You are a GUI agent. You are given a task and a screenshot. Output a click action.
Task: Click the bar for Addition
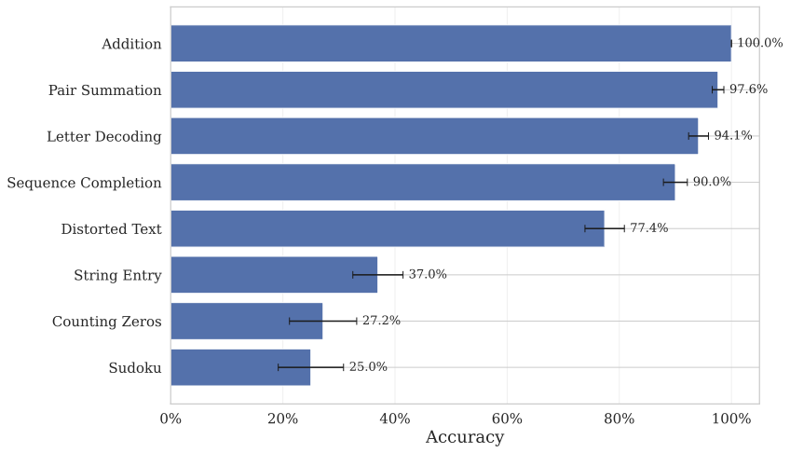coord(451,43)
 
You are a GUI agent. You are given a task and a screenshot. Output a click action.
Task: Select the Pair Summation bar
coord(444,89)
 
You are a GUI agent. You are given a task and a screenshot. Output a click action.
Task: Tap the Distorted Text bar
coord(388,228)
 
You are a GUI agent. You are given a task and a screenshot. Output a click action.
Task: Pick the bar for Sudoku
coord(240,367)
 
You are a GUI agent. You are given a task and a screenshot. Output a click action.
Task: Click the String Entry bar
coord(274,275)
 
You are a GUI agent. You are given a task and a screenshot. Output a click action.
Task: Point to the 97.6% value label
coord(748,89)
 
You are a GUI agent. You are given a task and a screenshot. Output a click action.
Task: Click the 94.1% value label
coord(732,136)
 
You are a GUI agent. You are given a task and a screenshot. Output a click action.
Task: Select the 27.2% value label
coord(381,321)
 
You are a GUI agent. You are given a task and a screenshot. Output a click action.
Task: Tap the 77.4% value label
coord(648,228)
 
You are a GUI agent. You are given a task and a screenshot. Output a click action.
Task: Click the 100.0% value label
coord(759,43)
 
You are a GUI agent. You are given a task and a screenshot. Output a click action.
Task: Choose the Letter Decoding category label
coord(104,137)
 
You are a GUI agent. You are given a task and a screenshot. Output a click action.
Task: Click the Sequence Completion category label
coord(84,183)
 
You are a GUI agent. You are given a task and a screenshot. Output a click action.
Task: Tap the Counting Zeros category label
coord(107,322)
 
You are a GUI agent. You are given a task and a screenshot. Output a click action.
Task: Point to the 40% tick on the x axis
coord(395,419)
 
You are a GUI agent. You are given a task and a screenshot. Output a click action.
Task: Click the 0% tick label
coord(170,419)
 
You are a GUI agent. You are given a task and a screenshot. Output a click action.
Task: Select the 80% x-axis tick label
coord(620,419)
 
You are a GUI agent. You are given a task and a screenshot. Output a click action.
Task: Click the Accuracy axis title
coord(464,438)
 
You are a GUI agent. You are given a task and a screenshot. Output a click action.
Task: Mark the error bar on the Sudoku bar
coord(310,367)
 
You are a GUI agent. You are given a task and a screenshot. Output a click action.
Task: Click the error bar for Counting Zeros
coord(322,321)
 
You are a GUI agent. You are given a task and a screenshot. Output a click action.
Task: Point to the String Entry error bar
coord(377,275)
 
